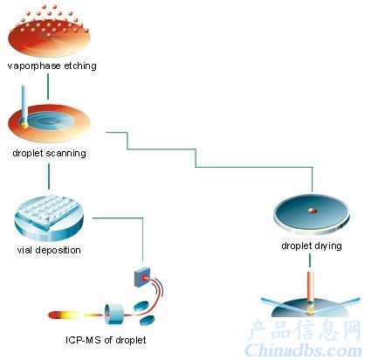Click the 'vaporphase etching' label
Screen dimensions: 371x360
52,66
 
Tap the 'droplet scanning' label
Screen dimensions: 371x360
49,153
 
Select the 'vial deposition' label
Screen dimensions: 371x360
49,250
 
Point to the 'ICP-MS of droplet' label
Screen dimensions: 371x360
106,340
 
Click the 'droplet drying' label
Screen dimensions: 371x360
312,246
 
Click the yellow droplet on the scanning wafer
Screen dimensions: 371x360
24,125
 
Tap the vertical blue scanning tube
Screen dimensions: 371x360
25,104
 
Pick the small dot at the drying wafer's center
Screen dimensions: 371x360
313,211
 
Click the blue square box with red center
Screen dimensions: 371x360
142,278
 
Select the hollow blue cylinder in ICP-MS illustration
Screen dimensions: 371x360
114,314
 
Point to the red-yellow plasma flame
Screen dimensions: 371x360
76,315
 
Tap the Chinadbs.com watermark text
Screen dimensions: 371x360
304,350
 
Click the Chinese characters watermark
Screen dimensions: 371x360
304,330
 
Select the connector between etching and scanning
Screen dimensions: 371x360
48,87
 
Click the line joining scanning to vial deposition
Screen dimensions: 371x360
49,177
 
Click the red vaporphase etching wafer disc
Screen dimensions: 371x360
49,41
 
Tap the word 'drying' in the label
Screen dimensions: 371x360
328,246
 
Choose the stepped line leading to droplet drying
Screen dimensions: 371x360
196,158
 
